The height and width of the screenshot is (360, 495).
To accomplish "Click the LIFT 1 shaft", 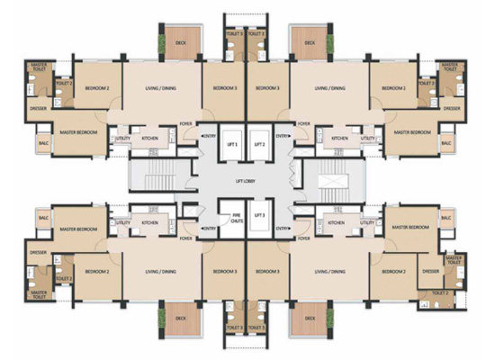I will tap(232, 144).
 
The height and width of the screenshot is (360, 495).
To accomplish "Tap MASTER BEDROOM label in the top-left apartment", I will tap(79, 132).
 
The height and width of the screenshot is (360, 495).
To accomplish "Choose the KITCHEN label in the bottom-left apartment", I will tap(149, 222).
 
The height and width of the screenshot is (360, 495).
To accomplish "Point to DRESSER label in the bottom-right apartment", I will tap(430, 271).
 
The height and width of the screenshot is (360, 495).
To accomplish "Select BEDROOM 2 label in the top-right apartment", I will tap(392, 88).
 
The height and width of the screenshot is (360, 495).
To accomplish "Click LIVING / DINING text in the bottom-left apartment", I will tap(155, 271).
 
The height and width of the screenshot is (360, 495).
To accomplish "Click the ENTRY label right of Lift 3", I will tap(283, 229).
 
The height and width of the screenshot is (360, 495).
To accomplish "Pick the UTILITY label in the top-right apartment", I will tap(366, 139).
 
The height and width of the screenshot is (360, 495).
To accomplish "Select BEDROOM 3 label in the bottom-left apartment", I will tap(225, 271).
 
